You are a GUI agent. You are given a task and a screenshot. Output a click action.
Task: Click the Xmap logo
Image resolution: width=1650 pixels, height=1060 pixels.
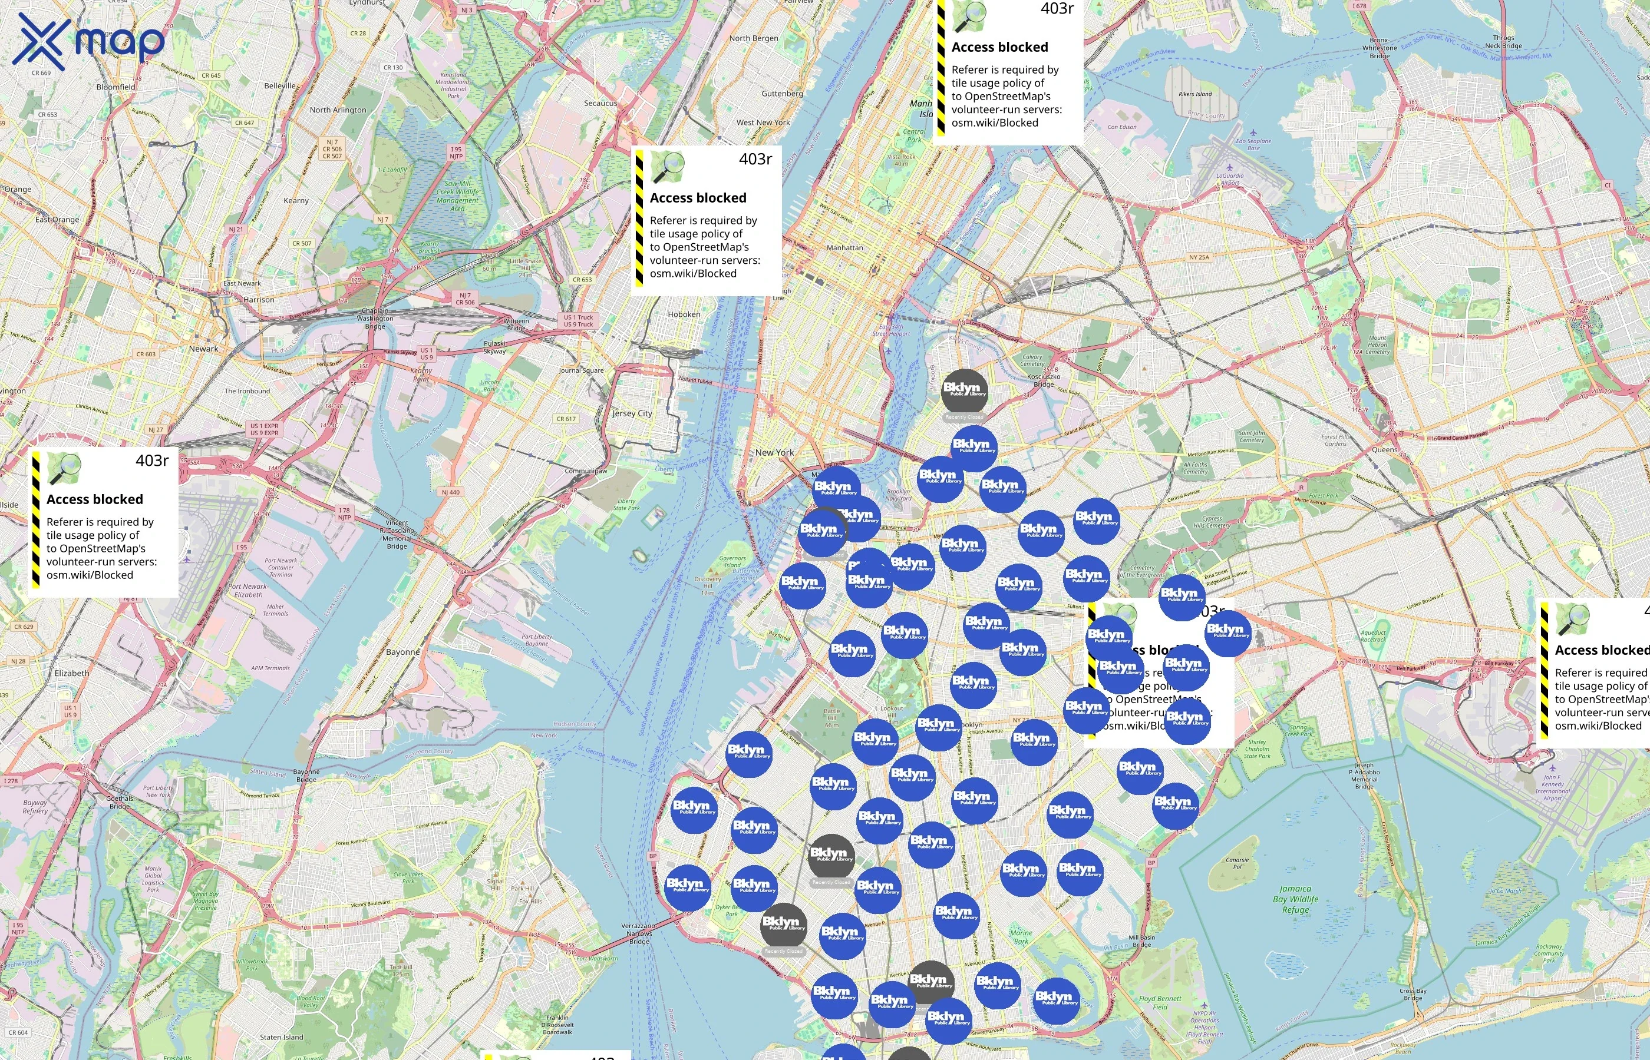88,42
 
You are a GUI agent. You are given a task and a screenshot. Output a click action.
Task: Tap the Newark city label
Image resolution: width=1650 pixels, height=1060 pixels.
203,349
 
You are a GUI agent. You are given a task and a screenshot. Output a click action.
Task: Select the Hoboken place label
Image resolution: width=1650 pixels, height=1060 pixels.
684,314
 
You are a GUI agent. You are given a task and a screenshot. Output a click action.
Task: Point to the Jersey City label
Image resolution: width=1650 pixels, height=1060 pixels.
632,413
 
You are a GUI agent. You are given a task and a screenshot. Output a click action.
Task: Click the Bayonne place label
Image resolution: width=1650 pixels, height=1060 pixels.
403,652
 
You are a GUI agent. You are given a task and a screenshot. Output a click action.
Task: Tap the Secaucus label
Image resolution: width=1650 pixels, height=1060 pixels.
600,103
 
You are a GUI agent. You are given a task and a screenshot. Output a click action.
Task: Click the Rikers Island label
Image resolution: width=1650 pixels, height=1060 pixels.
1195,94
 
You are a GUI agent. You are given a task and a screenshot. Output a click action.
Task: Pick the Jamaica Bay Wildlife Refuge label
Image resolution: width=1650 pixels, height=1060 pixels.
1295,899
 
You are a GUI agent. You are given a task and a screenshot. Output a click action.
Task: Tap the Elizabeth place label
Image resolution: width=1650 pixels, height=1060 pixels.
72,673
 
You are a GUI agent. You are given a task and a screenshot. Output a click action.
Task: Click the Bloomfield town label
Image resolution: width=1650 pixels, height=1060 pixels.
115,87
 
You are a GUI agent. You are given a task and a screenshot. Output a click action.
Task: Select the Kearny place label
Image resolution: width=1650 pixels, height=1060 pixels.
296,201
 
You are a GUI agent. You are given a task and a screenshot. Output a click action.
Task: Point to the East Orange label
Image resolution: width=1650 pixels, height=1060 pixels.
57,220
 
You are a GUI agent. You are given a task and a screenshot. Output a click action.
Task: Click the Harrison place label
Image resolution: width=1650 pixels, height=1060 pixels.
258,300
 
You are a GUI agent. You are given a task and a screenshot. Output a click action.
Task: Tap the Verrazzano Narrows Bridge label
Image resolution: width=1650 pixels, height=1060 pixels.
638,933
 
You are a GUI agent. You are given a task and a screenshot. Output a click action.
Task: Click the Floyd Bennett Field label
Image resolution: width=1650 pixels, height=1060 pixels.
1160,1002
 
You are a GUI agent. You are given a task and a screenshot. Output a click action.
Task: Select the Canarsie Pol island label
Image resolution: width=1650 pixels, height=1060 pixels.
1237,863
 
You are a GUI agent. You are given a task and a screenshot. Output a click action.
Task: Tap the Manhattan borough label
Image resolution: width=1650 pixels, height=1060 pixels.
844,248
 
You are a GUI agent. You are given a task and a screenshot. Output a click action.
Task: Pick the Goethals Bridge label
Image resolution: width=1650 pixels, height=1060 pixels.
120,802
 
